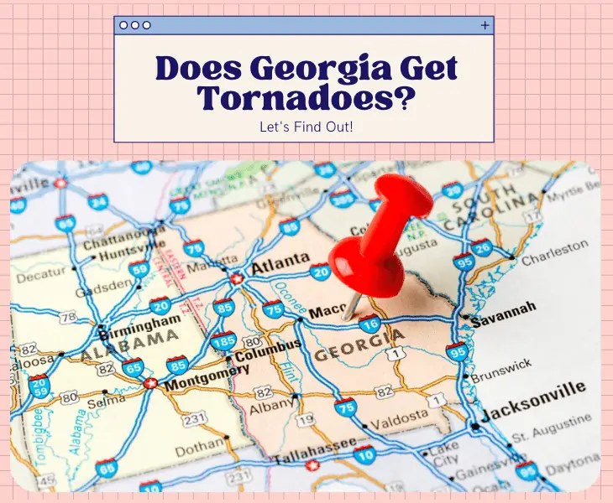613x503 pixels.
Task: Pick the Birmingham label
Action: (x=144, y=322)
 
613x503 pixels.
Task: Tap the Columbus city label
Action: (x=267, y=349)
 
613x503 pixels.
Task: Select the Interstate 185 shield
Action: (x=223, y=340)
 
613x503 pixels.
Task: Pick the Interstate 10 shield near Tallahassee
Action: (x=364, y=454)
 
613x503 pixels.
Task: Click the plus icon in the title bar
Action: (x=485, y=25)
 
